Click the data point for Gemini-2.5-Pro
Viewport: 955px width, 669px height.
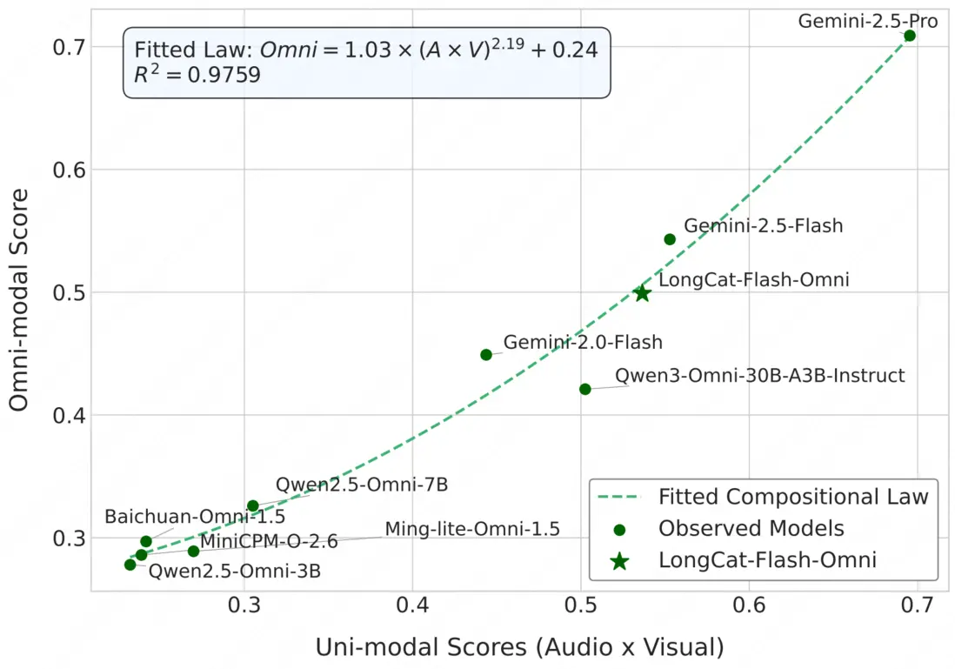909,36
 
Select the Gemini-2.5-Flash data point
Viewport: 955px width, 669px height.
670,239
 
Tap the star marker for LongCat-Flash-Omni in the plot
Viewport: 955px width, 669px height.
642,294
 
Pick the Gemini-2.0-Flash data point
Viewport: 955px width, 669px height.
486,355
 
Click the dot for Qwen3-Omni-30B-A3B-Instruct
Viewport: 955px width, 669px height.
585,389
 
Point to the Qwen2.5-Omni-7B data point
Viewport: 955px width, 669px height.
253,505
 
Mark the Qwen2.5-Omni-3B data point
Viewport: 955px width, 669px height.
130,565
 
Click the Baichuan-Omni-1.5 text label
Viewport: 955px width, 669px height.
195,517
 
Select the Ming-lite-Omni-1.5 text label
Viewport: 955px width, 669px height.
472,529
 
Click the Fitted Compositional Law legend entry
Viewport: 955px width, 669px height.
793,498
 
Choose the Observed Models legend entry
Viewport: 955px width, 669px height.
751,529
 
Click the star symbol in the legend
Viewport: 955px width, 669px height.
619,561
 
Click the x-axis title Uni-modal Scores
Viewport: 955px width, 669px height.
519,647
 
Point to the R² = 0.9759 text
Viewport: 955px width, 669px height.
197,77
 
